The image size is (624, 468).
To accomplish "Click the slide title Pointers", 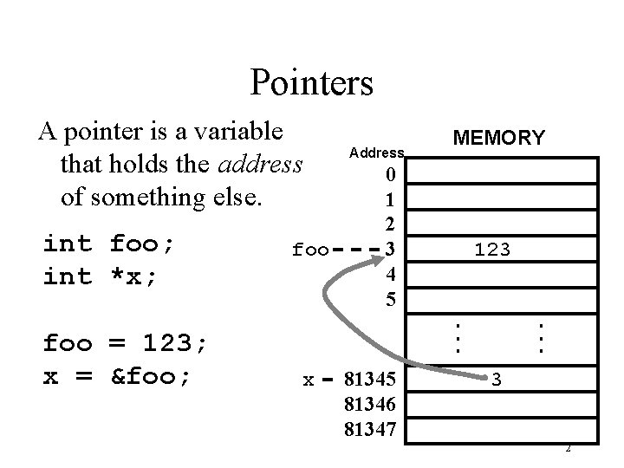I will click(x=311, y=82).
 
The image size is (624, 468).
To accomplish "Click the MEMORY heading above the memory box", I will click(x=498, y=138).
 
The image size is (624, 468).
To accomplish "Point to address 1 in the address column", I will click(x=390, y=199).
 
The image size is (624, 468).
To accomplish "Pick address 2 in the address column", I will click(x=390, y=224).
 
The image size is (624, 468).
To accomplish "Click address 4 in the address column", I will click(x=390, y=275).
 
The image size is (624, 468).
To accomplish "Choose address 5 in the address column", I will click(x=390, y=300).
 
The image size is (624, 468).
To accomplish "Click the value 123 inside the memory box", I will click(x=491, y=250).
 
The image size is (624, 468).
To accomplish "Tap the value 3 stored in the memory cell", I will click(x=496, y=379).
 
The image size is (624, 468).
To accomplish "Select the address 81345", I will click(x=370, y=379).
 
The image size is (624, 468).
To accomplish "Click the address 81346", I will click(x=370, y=404).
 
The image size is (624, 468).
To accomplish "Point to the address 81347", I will click(x=370, y=428).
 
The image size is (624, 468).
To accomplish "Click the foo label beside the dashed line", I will click(x=310, y=250).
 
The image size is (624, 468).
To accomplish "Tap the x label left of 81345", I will click(x=308, y=380).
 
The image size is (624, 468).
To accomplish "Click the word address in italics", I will click(x=262, y=163).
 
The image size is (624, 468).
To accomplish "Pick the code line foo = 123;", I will click(x=126, y=343).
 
